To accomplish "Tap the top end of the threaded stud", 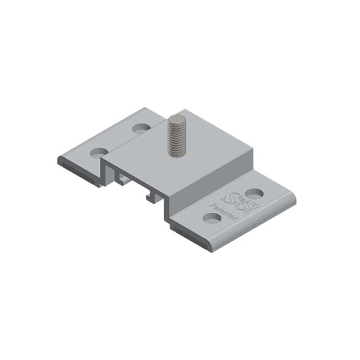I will click(x=178, y=120).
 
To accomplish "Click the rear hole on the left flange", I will click(x=141, y=128).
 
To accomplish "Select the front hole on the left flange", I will click(x=99, y=153).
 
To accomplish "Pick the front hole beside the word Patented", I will click(x=212, y=218).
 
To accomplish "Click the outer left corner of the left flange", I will click(x=59, y=159).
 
